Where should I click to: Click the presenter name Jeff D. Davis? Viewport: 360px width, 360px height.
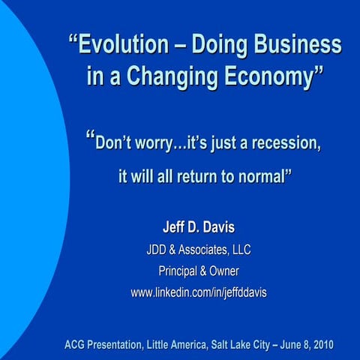199,227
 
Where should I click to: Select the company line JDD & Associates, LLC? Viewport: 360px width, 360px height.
199,250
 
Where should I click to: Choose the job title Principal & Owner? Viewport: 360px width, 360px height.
199,271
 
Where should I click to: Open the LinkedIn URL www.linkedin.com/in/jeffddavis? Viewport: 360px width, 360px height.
199,292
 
